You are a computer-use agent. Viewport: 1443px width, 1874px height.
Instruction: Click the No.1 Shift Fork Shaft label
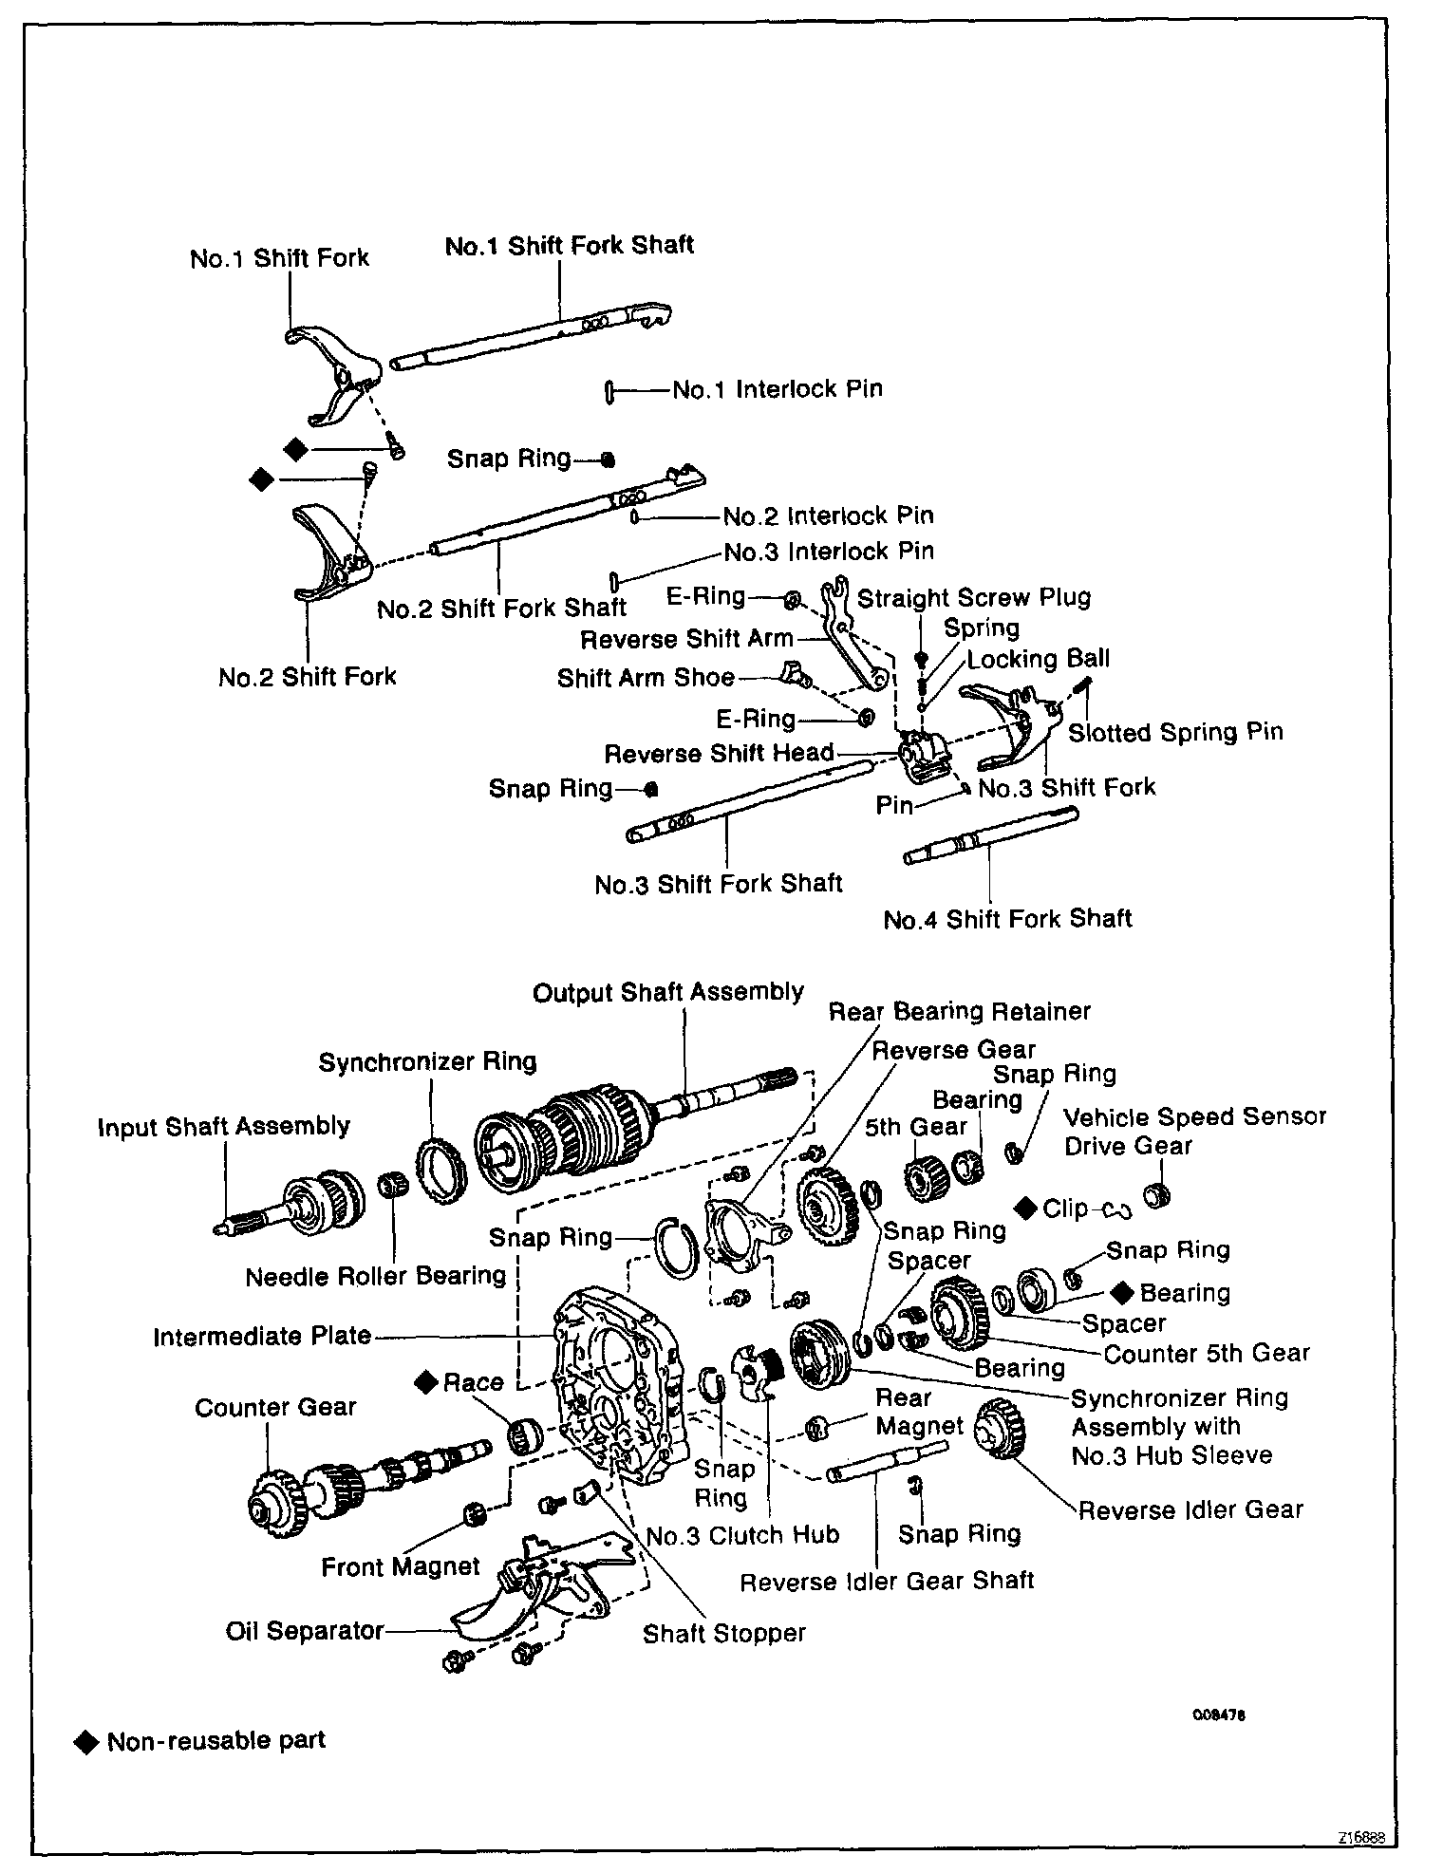[x=569, y=245]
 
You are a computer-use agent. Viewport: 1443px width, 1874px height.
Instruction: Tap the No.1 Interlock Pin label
[x=777, y=389]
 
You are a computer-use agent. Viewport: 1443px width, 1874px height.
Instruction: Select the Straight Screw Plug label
[x=974, y=598]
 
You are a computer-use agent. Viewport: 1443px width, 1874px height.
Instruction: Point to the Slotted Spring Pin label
[x=1175, y=732]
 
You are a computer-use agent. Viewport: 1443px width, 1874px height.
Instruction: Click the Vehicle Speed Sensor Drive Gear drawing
[x=1155, y=1195]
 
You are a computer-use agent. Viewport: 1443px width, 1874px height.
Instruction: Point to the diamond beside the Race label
[x=425, y=1382]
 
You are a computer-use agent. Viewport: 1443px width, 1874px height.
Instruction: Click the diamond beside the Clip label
[x=1025, y=1208]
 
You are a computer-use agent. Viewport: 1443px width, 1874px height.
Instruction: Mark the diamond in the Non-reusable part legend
[x=86, y=1741]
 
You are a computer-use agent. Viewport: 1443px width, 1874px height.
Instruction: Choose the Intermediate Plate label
[x=262, y=1337]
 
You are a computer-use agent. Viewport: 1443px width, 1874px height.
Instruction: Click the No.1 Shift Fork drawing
[x=332, y=370]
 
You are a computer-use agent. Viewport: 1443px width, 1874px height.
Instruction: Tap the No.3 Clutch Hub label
[x=742, y=1535]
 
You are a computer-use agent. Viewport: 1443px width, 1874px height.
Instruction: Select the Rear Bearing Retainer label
[x=959, y=1011]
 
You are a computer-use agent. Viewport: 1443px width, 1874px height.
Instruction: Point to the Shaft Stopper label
[x=723, y=1633]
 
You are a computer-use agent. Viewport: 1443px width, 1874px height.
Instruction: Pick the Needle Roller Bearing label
[x=375, y=1276]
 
